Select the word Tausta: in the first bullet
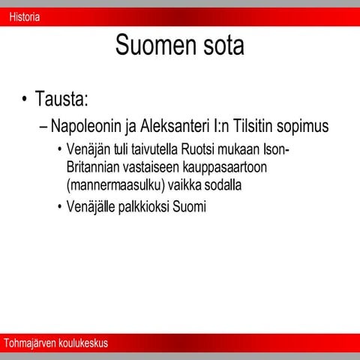click(64, 99)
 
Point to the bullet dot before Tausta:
click(25, 100)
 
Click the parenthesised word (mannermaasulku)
click(114, 183)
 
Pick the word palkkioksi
click(142, 206)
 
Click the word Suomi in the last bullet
click(189, 206)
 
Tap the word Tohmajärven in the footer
click(29, 343)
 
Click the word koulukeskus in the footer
click(82, 343)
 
